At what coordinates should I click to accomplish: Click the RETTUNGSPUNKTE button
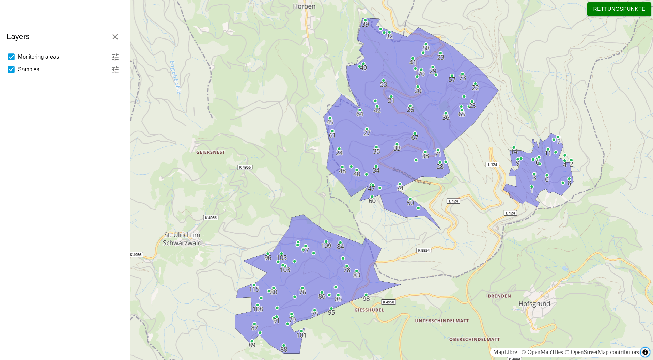619,9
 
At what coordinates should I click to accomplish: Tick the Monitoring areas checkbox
11,57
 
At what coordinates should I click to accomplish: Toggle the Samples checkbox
11,69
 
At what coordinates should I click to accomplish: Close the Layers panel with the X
115,37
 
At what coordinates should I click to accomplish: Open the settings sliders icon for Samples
115,69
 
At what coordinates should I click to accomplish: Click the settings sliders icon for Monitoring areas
115,57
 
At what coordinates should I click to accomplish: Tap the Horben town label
304,6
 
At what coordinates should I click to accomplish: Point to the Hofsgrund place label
534,304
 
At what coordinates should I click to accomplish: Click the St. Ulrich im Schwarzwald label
182,239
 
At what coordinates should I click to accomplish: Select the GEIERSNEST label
211,152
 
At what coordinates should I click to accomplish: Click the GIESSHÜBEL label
369,310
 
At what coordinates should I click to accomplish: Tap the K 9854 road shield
424,250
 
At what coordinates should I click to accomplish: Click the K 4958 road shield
388,302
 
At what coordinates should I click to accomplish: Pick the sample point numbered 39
366,20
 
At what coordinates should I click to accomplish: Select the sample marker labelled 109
326,241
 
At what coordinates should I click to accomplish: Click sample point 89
252,341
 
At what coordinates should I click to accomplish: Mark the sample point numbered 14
514,147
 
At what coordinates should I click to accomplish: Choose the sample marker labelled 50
410,199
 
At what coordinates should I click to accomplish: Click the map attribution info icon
645,352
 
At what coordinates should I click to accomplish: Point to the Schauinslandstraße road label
411,176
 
